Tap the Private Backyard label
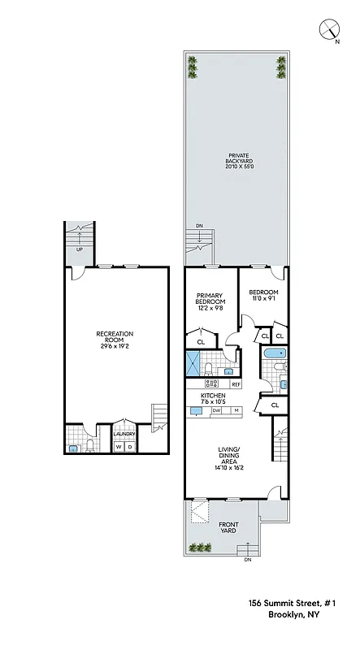pos(239,162)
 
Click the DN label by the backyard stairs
pos(199,227)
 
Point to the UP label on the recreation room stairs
pos(79,249)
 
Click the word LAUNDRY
pos(124,433)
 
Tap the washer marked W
pos(118,446)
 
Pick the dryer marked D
pos(129,446)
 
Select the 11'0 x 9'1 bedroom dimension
pos(263,299)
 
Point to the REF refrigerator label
pos(236,383)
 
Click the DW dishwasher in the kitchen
pos(216,410)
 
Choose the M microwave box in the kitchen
pos(236,410)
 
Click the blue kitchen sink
pos(196,411)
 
